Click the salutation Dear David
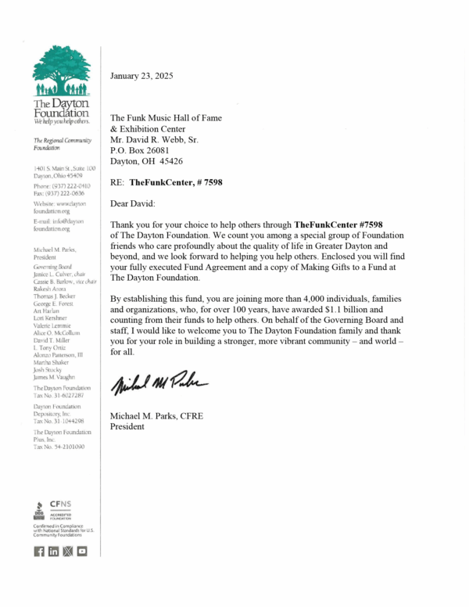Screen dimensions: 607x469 click(x=133, y=203)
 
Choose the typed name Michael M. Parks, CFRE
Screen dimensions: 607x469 click(x=156, y=415)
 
